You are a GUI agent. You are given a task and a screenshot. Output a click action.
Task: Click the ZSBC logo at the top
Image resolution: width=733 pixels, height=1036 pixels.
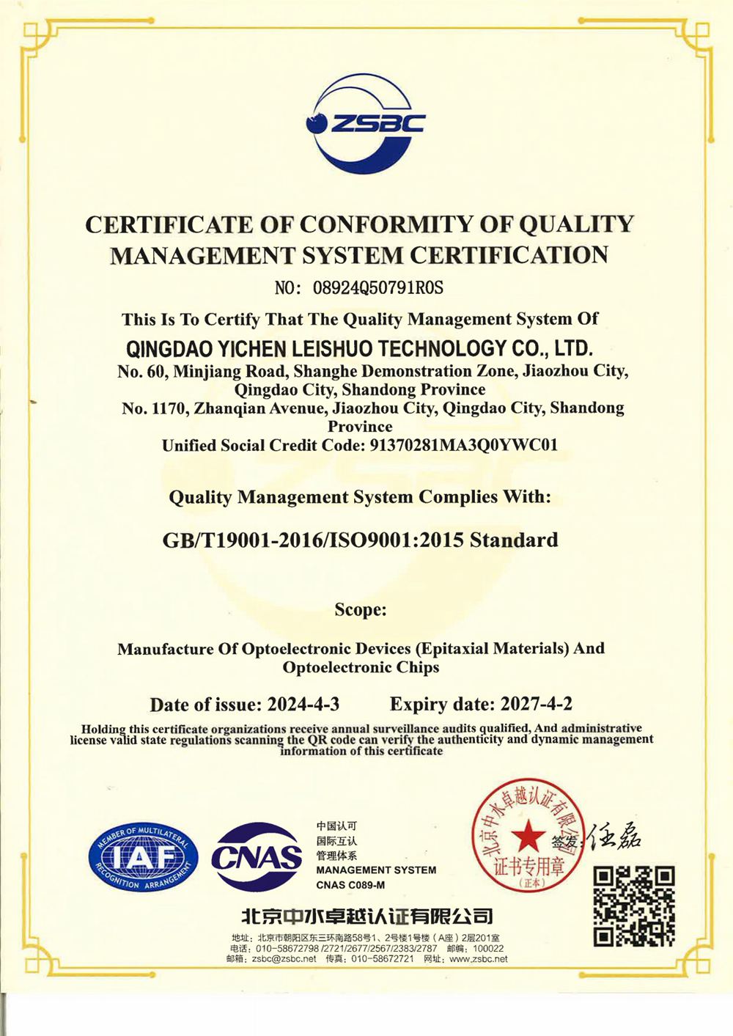tap(365, 122)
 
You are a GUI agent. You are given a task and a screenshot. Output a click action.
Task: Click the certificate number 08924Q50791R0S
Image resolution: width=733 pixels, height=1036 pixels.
tap(378, 287)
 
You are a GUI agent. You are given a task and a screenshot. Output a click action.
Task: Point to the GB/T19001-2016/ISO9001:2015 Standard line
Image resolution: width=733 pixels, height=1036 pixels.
tap(360, 540)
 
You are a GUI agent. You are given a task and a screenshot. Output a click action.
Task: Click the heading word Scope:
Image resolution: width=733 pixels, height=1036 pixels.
tap(360, 609)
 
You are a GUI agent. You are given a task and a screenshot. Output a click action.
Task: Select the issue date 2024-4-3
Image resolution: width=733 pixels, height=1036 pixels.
tap(303, 705)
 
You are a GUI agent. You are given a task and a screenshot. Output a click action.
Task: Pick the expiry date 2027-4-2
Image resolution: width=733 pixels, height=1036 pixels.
tap(536, 705)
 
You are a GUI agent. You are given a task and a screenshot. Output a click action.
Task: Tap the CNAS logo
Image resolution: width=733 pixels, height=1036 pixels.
tap(257, 856)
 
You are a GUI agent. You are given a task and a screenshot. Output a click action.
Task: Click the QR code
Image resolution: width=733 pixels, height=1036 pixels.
tap(633, 905)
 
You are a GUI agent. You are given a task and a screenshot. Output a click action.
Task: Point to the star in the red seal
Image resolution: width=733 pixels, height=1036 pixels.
tap(527, 835)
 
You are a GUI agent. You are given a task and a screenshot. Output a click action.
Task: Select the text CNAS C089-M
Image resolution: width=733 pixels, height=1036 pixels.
tap(350, 885)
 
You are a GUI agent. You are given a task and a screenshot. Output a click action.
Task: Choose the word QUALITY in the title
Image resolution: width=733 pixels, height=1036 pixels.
tap(576, 224)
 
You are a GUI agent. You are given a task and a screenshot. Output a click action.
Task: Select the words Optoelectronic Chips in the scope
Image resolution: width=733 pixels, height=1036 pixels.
tap(361, 667)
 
